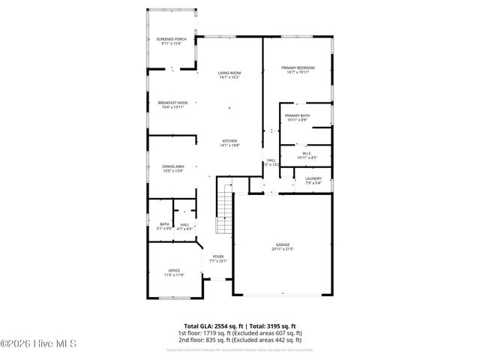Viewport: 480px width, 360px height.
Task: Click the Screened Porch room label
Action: pos(171,39)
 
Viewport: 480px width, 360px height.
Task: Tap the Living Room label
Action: pos(229,73)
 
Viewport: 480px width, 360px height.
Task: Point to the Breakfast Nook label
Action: pos(172,102)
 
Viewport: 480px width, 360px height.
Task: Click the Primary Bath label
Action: pos(297,115)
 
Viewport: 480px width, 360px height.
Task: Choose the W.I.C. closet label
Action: pos(307,153)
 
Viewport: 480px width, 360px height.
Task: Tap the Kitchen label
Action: pos(229,141)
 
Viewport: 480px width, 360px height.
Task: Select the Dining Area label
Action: pos(173,166)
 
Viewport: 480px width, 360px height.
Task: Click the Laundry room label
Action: pos(313,178)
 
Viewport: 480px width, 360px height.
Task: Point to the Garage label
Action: pos(283,244)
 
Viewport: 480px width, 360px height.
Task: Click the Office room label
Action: pos(174,271)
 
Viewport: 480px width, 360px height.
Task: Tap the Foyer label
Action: pos(217,256)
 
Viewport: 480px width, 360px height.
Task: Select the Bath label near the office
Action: pos(163,224)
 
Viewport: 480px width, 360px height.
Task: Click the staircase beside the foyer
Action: pos(222,211)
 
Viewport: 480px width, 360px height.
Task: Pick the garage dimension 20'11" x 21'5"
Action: pos(283,249)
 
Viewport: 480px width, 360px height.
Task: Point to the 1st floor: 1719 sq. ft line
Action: pos(240,332)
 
